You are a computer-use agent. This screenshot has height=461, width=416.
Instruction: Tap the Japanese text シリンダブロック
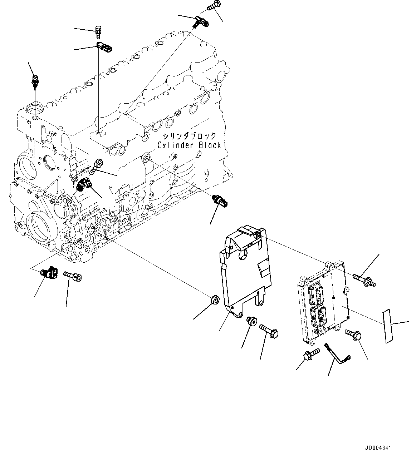click(x=189, y=136)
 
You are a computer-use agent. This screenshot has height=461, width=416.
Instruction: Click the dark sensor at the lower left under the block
click(x=49, y=273)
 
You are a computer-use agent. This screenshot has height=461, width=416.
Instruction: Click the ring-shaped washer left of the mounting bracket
click(x=215, y=300)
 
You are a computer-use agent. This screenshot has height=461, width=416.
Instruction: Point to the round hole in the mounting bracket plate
click(x=243, y=255)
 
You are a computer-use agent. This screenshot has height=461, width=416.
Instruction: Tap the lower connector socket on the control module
click(x=319, y=315)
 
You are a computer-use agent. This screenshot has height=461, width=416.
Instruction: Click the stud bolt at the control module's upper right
click(x=364, y=279)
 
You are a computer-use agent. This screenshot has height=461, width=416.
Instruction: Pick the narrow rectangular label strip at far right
click(x=387, y=326)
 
